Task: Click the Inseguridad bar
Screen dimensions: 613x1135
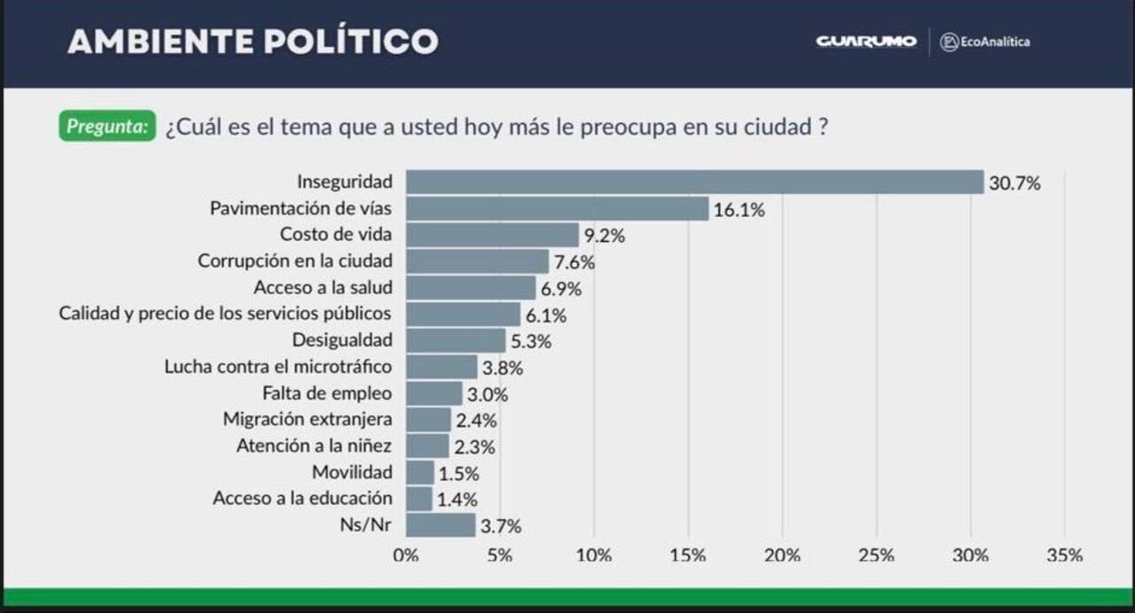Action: (x=694, y=182)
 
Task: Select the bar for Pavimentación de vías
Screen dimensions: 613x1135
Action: (x=557, y=209)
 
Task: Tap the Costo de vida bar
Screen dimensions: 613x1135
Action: (x=492, y=235)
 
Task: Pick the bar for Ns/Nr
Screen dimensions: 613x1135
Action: (x=441, y=525)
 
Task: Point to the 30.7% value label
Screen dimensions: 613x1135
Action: (x=1014, y=184)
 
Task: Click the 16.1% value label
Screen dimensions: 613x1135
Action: (x=739, y=210)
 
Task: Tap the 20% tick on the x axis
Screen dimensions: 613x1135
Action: (x=783, y=555)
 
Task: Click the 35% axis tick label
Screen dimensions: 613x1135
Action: (x=1064, y=555)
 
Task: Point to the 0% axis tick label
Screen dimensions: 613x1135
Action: (x=405, y=555)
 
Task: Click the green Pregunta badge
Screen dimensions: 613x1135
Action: (x=107, y=127)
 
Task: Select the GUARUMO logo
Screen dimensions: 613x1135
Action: (x=866, y=42)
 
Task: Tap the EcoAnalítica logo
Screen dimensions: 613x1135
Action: (x=985, y=42)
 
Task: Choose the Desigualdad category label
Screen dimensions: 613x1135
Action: (x=342, y=340)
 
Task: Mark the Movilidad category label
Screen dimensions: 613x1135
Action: (x=352, y=472)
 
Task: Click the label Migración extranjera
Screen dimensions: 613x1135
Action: (x=308, y=419)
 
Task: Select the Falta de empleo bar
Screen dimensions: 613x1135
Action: (x=434, y=393)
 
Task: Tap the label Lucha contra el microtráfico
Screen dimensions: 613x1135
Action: (x=278, y=366)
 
